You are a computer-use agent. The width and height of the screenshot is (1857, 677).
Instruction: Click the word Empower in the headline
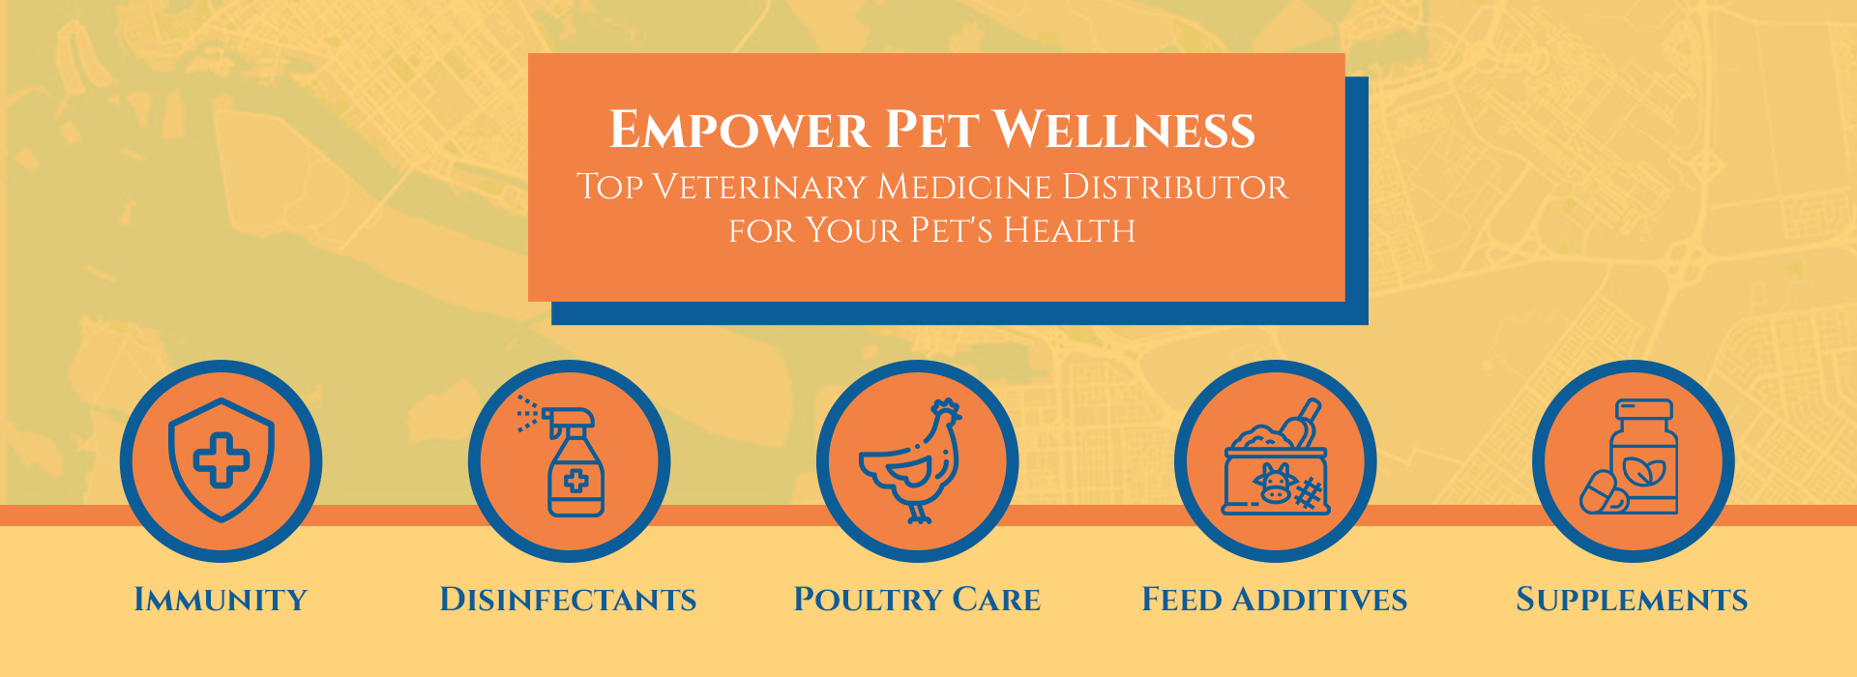tap(739, 131)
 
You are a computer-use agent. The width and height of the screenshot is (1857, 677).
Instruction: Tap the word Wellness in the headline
tap(1124, 131)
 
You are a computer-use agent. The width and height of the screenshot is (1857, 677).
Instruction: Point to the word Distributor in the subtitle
tap(1174, 187)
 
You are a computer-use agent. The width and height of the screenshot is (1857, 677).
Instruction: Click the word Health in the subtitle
tap(1069, 231)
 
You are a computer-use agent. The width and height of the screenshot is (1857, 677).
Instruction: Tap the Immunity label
tap(221, 600)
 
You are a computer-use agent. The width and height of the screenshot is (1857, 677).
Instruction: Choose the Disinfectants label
tap(568, 600)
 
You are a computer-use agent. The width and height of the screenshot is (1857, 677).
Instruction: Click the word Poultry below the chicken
tap(867, 600)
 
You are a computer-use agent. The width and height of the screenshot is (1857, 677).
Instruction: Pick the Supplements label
tap(1632, 600)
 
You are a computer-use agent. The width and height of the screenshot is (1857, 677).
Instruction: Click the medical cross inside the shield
tap(221, 460)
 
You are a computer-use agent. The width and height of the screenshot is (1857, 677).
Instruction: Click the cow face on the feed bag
tap(1275, 482)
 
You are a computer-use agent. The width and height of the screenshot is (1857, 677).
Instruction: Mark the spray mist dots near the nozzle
tap(526, 413)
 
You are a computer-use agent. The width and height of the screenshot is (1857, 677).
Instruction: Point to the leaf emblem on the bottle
tap(1641, 472)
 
